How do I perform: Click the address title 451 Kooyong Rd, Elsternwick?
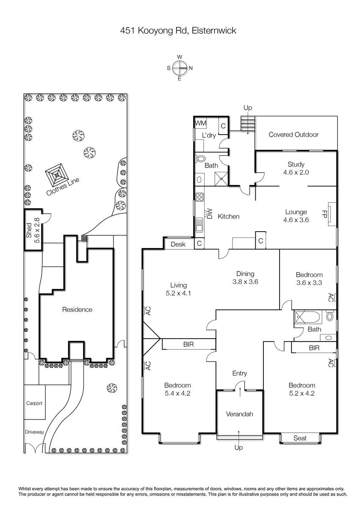coord(178,30)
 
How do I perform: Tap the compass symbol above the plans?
coord(180,68)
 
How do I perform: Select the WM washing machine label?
coord(200,123)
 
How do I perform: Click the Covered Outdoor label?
coord(294,135)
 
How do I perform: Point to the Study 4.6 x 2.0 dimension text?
coord(296,172)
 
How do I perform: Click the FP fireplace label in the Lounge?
coord(324,214)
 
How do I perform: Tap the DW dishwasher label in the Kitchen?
coord(210,214)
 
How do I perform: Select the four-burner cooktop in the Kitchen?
coord(199,197)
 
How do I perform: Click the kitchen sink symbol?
coord(199,225)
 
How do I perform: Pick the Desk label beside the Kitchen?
coord(178,244)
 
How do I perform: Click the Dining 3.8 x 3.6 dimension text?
coord(245,282)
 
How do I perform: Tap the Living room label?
coord(179,285)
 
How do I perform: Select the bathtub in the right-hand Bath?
coord(308,317)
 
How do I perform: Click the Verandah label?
coord(239,414)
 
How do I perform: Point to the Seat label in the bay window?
coord(300,438)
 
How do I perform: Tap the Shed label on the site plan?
coord(29,230)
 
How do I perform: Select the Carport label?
coord(34,403)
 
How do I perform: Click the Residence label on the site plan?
coord(77,309)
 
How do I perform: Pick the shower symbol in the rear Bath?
coord(221,179)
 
